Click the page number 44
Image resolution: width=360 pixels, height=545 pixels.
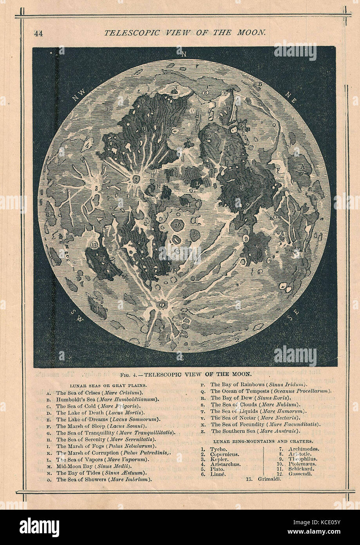(38, 33)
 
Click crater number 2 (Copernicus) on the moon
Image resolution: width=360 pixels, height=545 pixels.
(136, 180)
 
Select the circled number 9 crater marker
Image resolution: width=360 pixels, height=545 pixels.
(246, 238)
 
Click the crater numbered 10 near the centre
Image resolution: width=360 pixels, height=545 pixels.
(178, 226)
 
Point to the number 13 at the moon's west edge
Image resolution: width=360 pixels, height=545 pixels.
(50, 214)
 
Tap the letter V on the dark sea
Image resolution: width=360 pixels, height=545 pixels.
(256, 247)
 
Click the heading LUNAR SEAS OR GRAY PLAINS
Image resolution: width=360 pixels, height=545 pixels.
(108, 386)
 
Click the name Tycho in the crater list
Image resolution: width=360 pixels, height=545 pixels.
(218, 449)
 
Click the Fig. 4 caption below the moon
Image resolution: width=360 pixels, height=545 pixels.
(180, 374)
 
